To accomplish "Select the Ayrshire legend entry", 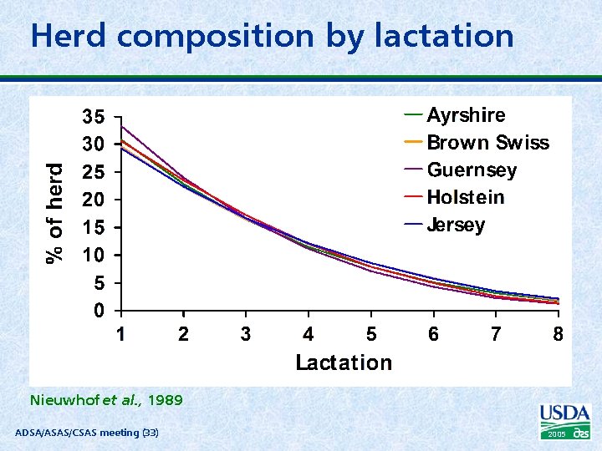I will click(x=466, y=115).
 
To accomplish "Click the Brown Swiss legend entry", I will click(x=487, y=143).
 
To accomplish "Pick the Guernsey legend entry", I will click(x=472, y=170).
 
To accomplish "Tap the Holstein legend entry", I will click(x=466, y=198).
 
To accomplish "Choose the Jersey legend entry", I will click(x=456, y=225).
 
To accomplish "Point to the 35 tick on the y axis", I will click(x=93, y=116).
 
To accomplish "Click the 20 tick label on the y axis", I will click(x=93, y=200).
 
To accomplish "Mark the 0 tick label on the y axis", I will click(x=99, y=311).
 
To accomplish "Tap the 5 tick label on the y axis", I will click(x=99, y=283).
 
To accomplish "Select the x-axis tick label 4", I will click(x=309, y=334).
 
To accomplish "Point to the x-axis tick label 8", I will click(x=558, y=334).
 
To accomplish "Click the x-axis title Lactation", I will click(x=343, y=362).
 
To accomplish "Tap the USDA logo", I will click(x=565, y=420).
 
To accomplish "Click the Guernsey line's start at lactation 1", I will click(x=122, y=127).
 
